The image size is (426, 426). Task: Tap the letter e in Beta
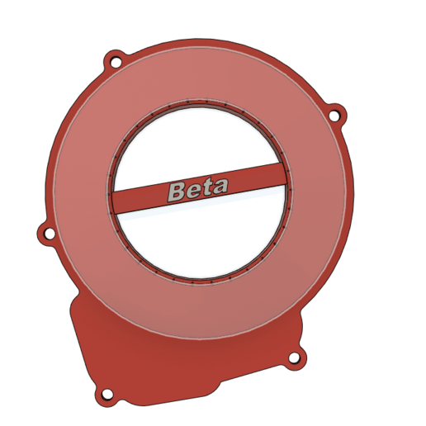pos(193,191)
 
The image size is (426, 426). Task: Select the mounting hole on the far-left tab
pos(49,234)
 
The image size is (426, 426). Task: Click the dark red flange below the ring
pos(190,363)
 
